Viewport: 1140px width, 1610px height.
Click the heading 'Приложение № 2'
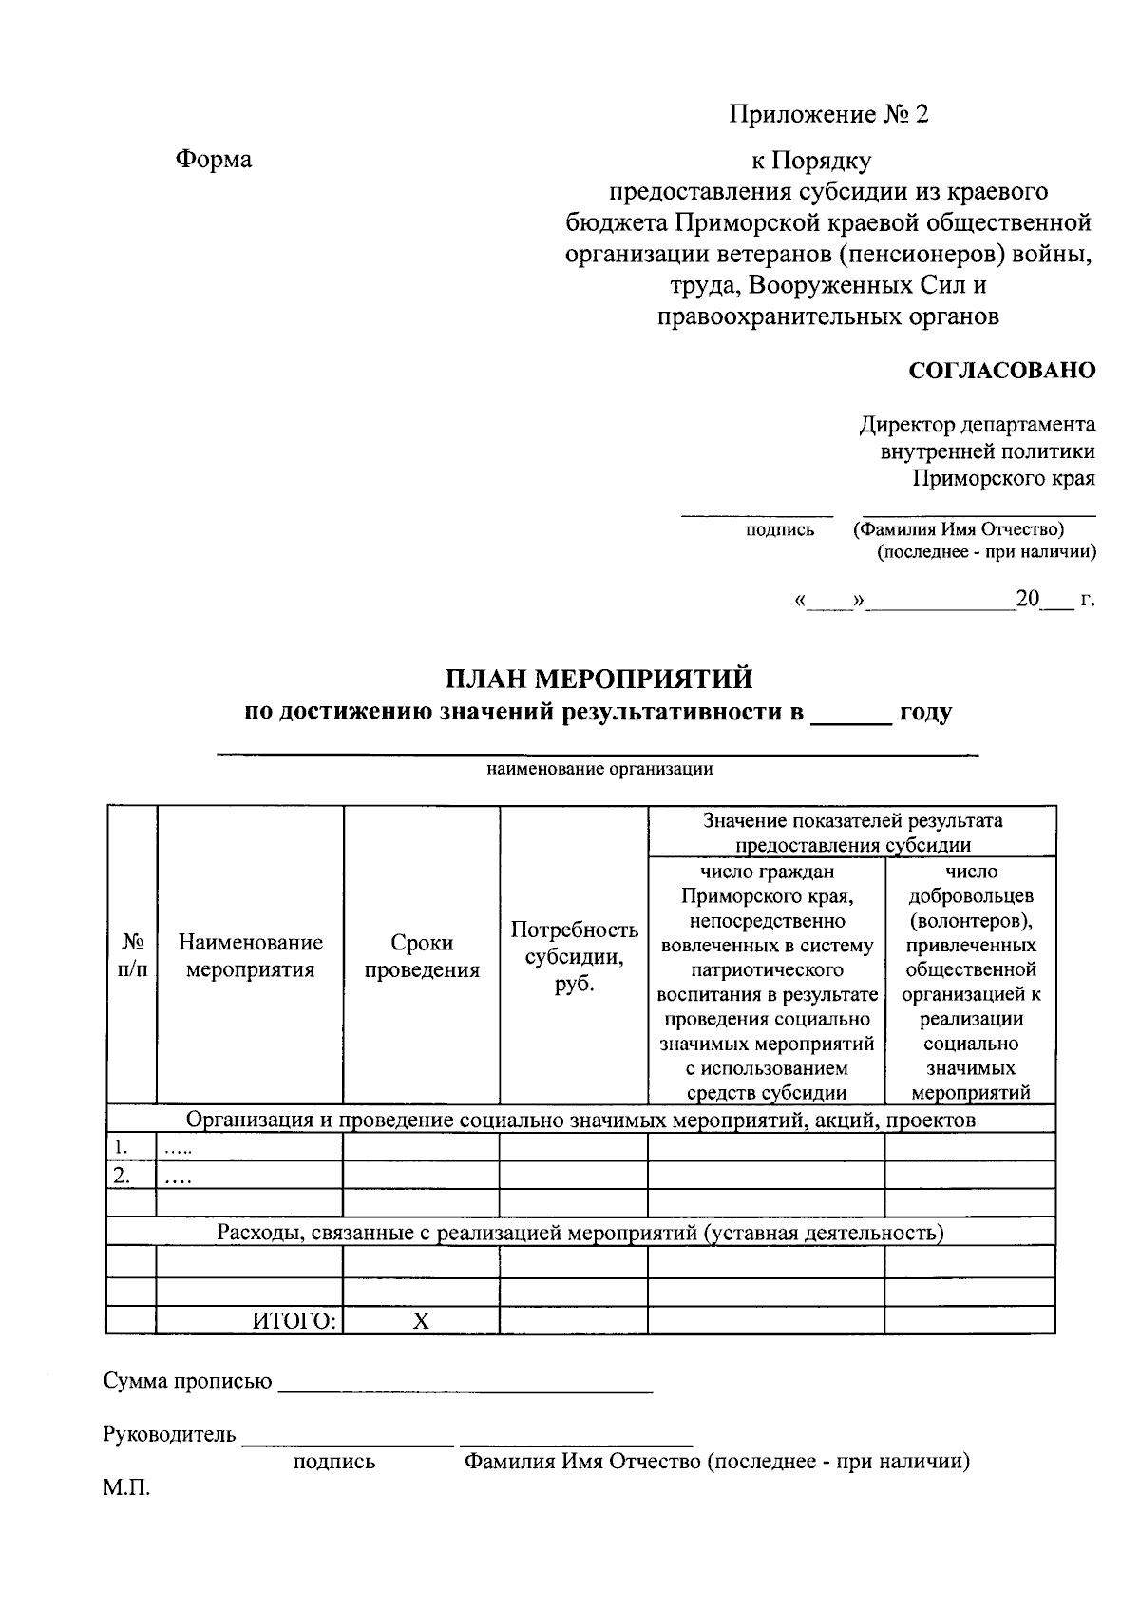(x=828, y=115)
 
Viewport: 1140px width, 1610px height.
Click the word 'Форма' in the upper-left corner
(x=213, y=159)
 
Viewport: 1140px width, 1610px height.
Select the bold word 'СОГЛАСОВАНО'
(x=1002, y=371)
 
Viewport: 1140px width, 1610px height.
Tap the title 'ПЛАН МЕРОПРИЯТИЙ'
(x=599, y=679)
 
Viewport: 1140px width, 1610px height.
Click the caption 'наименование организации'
(x=599, y=769)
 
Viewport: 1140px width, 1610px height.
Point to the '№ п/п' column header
(x=132, y=955)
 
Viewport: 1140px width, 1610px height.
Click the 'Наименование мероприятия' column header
(x=250, y=955)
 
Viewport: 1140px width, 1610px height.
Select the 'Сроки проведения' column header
(x=422, y=955)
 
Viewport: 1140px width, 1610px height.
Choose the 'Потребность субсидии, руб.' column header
(x=574, y=955)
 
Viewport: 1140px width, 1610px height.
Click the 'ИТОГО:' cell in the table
(x=294, y=1320)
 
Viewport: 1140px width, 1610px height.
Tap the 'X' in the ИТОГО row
(x=421, y=1320)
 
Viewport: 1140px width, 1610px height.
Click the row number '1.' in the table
(x=121, y=1146)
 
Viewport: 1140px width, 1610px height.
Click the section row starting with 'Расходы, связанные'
(x=579, y=1233)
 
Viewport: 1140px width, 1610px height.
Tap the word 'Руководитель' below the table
(x=169, y=1434)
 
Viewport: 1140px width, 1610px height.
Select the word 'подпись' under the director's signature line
(x=780, y=529)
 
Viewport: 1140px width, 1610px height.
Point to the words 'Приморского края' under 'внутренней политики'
(x=1003, y=477)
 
